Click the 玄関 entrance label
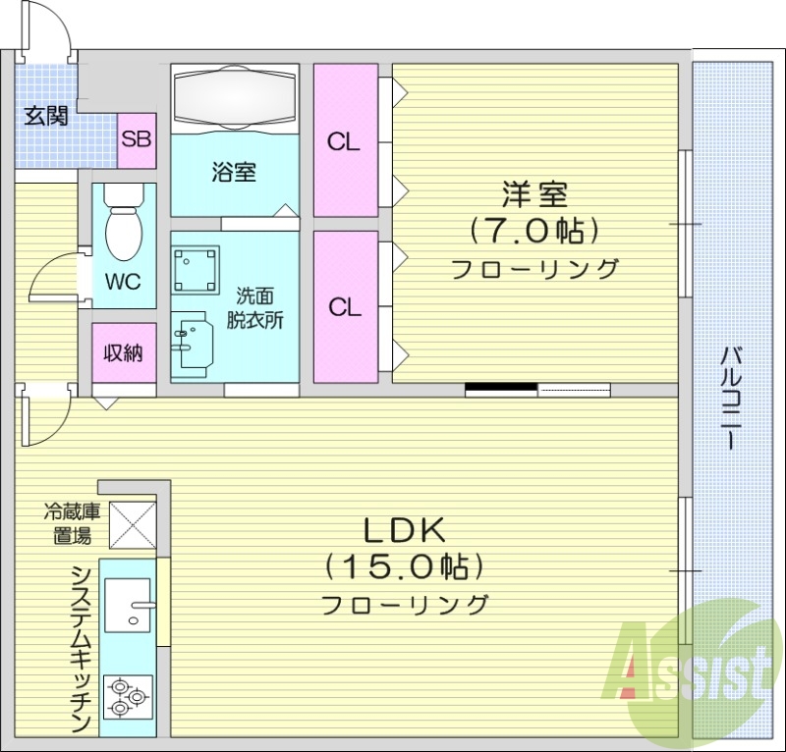[x=45, y=117]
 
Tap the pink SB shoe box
[x=137, y=137]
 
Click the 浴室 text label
[x=234, y=173]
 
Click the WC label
[x=124, y=283]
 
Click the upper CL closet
[x=345, y=140]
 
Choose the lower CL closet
[x=345, y=307]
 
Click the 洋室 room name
[x=535, y=193]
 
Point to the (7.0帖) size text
[x=535, y=231]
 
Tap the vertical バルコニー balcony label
[x=732, y=398]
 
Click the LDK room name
[x=406, y=530]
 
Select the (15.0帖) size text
[x=406, y=567]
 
